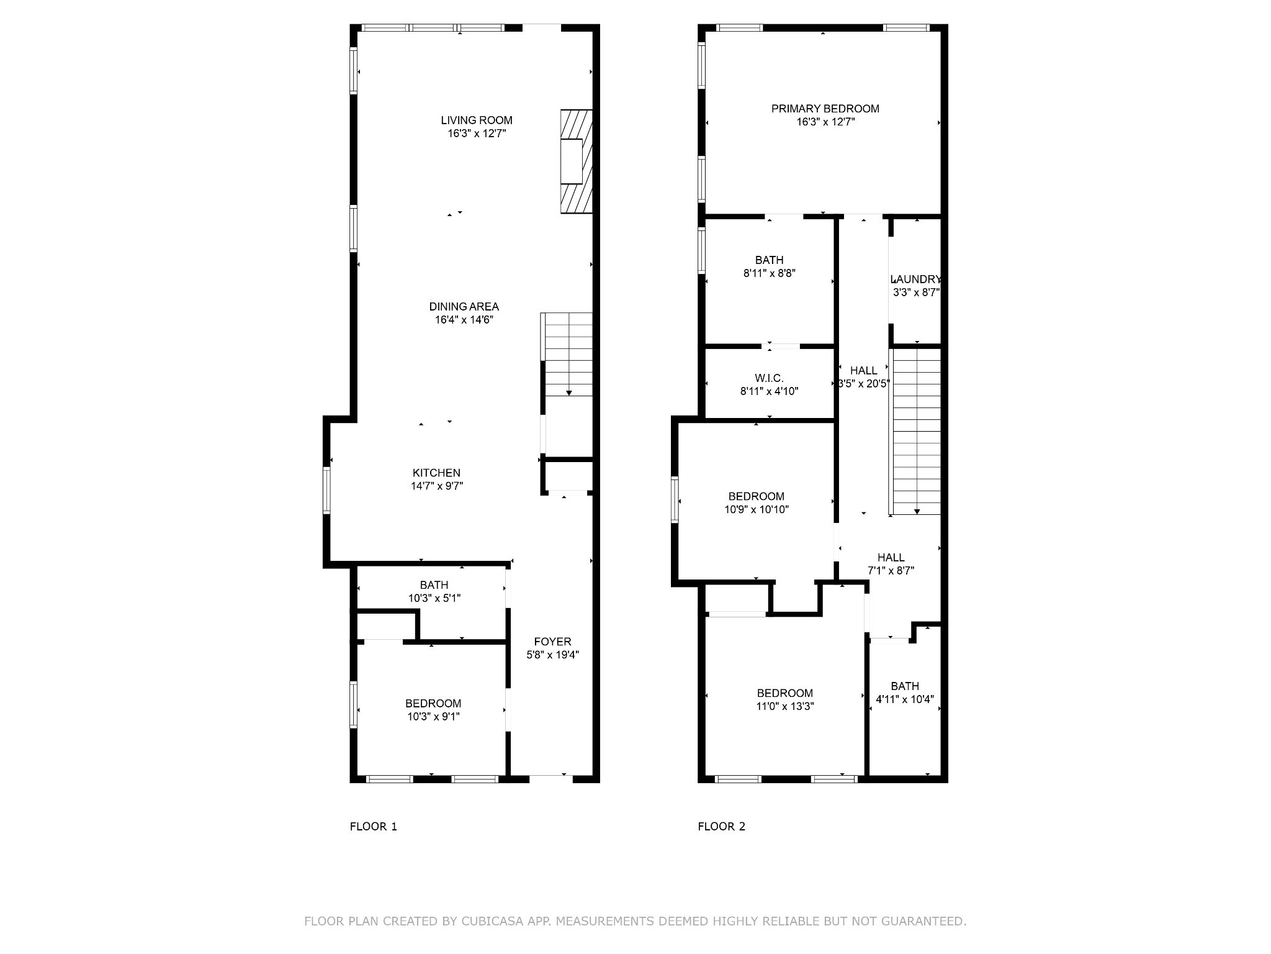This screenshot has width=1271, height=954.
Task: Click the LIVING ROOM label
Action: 477,120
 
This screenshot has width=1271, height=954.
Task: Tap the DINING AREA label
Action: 464,307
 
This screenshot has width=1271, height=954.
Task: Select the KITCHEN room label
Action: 436,473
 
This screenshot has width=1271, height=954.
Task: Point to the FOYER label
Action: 552,642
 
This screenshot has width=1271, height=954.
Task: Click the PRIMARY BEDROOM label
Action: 825,109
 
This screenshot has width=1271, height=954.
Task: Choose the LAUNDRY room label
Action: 916,279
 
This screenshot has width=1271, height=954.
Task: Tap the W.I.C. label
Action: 769,378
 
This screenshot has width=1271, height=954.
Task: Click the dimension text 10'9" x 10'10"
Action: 757,510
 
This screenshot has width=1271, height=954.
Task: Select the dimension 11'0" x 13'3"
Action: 785,707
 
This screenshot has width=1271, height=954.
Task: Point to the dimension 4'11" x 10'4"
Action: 905,699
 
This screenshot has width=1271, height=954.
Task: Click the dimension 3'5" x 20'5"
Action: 864,384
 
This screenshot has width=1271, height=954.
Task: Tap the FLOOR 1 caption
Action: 374,827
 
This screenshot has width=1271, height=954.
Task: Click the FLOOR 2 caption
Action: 722,827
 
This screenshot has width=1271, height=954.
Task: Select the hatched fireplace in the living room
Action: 576,161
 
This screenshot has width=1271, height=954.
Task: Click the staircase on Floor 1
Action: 567,354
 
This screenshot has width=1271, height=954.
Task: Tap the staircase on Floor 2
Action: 915,432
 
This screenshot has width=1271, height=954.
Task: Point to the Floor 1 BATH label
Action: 434,585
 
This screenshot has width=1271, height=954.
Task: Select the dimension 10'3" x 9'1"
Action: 434,717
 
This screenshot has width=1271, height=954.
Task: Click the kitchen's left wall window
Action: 326,491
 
